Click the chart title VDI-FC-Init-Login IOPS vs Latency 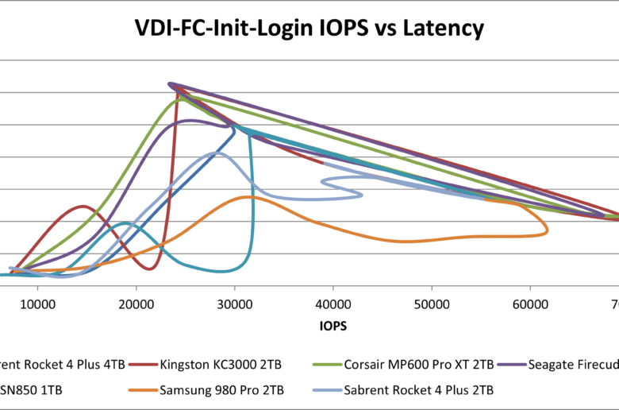(x=308, y=30)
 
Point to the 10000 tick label (x=37, y=303)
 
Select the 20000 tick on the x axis (x=136, y=303)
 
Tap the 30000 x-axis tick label (x=234, y=303)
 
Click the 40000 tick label (x=333, y=303)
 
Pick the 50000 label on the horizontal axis (x=431, y=303)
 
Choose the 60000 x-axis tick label (x=529, y=303)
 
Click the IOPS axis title (x=333, y=326)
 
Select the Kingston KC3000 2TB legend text (x=221, y=365)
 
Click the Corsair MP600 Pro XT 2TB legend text (x=419, y=365)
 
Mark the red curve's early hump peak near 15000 (x=83, y=207)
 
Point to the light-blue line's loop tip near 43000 (x=363, y=195)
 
